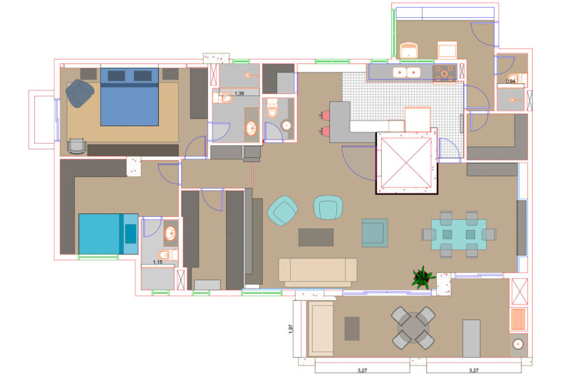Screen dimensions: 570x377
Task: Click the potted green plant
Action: (x=423, y=277)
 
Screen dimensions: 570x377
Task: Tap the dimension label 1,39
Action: (x=239, y=94)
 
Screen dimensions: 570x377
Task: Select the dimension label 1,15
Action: (x=157, y=262)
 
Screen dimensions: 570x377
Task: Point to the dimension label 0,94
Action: (x=510, y=81)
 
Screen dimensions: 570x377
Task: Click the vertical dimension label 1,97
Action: (x=290, y=329)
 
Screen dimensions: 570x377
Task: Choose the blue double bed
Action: (x=130, y=97)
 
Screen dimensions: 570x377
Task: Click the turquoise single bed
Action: (x=108, y=234)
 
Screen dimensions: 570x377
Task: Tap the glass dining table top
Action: (x=459, y=234)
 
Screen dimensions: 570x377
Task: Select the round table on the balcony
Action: (x=413, y=328)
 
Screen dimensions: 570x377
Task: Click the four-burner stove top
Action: (x=444, y=73)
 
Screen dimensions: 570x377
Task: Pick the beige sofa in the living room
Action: (x=318, y=272)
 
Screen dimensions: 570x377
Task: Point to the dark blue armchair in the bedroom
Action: (x=80, y=93)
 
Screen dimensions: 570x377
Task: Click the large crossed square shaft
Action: (x=406, y=163)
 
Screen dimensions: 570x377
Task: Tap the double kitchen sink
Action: (x=406, y=73)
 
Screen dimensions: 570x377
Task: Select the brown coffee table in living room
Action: (x=316, y=238)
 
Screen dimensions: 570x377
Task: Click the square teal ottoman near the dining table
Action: (x=375, y=233)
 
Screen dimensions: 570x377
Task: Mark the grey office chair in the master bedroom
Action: (x=76, y=146)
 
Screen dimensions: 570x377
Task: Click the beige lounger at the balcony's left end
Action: (x=321, y=329)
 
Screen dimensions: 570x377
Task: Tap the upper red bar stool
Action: (x=325, y=115)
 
